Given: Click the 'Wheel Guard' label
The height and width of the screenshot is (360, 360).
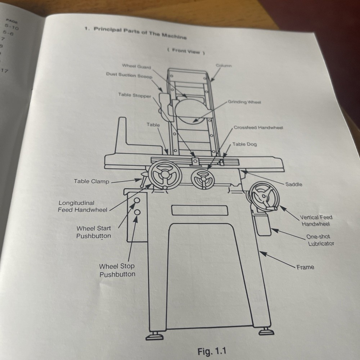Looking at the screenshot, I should click(136, 66).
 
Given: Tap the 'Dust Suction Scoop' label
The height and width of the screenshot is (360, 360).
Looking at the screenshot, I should click(129, 75).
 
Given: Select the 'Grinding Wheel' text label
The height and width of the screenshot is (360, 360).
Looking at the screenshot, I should click(244, 102).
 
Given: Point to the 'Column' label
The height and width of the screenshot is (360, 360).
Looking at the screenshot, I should click(224, 66).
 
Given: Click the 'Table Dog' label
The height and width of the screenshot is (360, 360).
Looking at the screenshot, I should click(244, 144).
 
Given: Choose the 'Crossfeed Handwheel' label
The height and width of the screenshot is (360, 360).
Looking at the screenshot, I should click(258, 128).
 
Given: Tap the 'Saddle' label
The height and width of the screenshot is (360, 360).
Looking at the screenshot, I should click(294, 184).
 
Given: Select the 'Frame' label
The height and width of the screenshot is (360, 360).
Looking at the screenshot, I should click(305, 267).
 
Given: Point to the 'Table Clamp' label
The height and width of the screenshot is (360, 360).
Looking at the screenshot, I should click(91, 181).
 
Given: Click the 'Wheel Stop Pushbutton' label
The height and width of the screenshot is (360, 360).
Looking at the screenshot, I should click(117, 270).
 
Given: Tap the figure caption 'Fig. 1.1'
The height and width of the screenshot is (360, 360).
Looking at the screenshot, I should click(212, 351).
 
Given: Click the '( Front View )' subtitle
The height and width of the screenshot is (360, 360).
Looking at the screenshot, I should click(186, 51).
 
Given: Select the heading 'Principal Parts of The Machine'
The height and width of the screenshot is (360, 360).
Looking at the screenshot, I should click(140, 33).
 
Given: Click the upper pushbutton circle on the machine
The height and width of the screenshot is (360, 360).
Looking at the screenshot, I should click(137, 201).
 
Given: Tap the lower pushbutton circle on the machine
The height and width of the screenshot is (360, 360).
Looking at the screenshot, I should click(137, 213).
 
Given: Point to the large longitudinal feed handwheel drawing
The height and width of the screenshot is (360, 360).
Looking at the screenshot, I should click(165, 175).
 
